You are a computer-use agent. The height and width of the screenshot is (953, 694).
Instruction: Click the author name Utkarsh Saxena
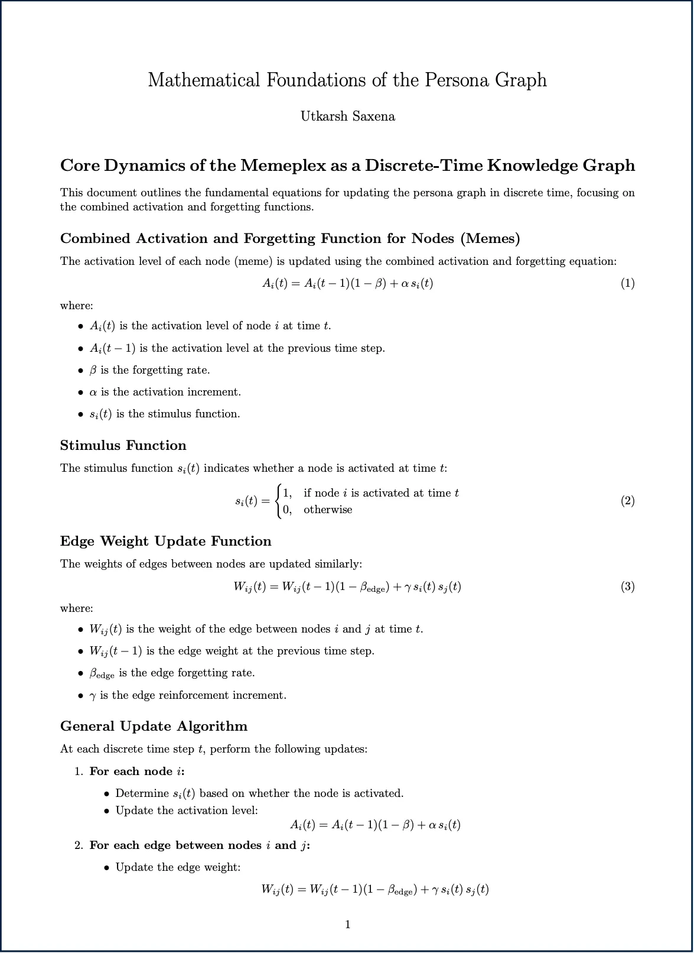pos(347,116)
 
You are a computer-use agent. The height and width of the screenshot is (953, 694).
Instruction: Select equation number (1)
pos(627,283)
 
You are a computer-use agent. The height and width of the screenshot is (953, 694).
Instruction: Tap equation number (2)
pos(627,501)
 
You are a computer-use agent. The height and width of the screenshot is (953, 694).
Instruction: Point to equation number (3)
pos(627,586)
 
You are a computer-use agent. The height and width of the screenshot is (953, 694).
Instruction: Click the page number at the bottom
pos(347,925)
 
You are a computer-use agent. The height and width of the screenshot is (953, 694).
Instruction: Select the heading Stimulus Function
pos(123,446)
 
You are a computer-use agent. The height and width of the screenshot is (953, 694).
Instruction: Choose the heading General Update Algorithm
pos(154,727)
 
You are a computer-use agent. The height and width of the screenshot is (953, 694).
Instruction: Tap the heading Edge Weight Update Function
pos(165,542)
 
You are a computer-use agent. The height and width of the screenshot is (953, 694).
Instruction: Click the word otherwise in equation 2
pos(328,510)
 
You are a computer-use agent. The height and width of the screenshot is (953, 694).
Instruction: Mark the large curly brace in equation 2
pos(278,501)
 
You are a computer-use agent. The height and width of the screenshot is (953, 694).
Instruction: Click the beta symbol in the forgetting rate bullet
pos(93,371)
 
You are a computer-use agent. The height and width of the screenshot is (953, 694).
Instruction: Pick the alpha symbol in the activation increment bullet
pos(93,393)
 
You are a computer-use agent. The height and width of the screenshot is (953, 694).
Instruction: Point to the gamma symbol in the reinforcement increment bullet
pos(93,696)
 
